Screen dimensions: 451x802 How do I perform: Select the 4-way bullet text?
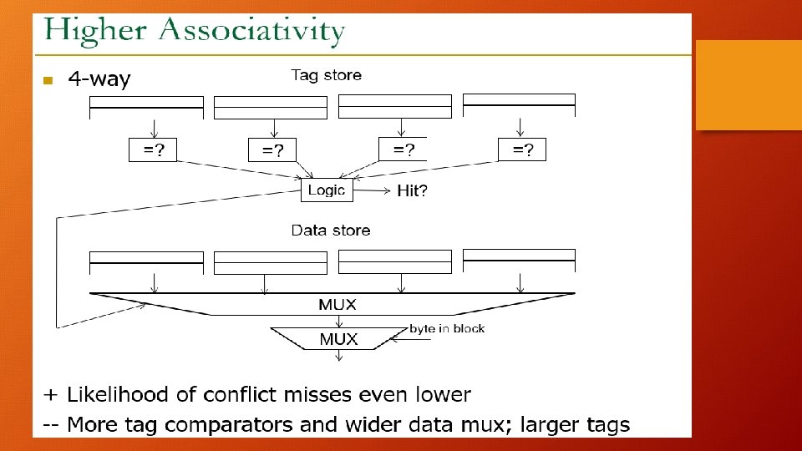99,79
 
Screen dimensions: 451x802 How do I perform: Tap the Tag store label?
326,75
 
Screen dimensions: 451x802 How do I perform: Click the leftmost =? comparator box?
154,149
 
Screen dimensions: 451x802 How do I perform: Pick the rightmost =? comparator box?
522,150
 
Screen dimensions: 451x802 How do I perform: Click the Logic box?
327,190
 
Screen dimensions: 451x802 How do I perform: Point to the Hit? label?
413,191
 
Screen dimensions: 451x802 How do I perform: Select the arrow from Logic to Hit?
373,191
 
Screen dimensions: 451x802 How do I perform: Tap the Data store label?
331,230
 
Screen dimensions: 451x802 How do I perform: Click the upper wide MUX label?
338,305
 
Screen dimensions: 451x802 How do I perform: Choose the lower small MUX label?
338,339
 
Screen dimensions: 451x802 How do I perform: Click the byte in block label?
447,328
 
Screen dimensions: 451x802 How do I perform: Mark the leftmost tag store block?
146,107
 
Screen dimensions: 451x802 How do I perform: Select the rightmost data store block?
519,261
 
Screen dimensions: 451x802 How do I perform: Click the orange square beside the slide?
748,85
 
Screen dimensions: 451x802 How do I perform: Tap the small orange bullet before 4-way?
48,81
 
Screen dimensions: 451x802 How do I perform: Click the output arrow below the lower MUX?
338,357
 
